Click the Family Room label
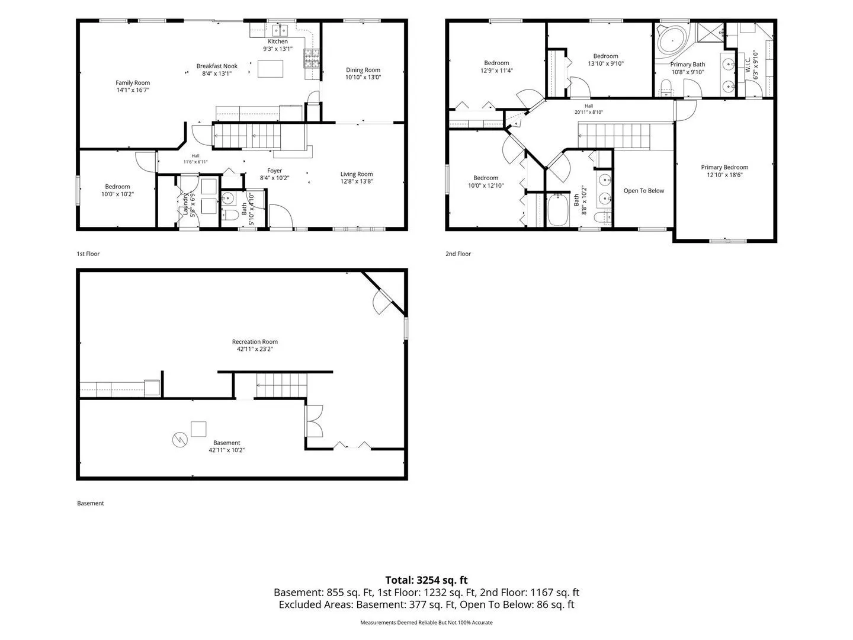point(133,83)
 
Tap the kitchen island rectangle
point(270,69)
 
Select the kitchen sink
point(280,30)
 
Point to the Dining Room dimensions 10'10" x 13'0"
point(363,77)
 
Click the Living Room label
point(357,174)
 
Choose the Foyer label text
point(274,171)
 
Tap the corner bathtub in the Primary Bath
point(672,41)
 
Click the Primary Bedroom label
point(724,167)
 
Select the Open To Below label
point(643,191)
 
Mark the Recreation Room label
point(255,341)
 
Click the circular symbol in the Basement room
point(180,440)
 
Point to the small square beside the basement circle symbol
point(198,429)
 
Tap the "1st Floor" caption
point(88,254)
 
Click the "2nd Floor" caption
point(458,254)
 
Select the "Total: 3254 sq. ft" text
point(426,580)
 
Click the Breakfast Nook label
point(217,66)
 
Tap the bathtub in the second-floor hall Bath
point(558,210)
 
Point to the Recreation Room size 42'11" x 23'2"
point(255,349)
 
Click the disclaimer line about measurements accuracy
point(426,622)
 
